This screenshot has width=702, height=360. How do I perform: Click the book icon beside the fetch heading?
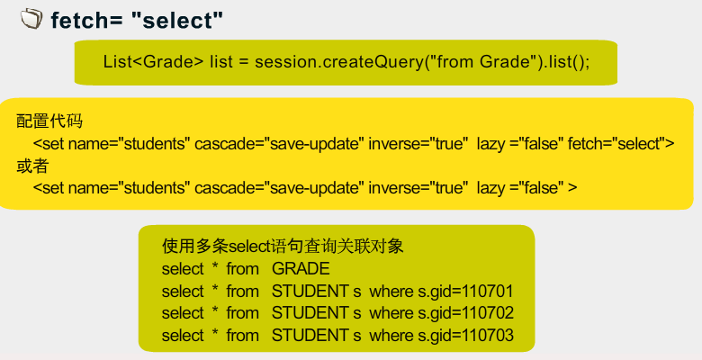31,19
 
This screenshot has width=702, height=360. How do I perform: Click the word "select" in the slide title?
177,21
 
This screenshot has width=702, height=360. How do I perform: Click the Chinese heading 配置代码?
49,121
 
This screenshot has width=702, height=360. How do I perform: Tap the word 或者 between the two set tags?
32,166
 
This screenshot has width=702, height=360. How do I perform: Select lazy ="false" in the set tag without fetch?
520,187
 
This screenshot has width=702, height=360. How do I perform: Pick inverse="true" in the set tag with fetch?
418,144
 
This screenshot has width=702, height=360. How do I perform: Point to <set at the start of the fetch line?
49,144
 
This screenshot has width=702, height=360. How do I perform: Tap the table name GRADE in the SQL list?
301,269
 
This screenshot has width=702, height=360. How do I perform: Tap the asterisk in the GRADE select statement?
215,265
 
